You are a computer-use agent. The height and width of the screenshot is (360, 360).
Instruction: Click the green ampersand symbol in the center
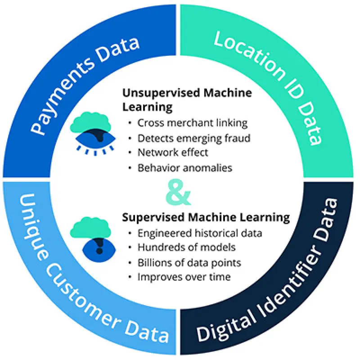(178, 193)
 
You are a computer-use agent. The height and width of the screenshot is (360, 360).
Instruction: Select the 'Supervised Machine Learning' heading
(206, 217)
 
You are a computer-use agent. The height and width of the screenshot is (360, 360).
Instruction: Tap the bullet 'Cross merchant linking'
(193, 123)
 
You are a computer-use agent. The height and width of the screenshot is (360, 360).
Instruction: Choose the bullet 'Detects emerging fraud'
(194, 138)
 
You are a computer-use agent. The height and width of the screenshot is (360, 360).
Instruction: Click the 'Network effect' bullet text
(173, 153)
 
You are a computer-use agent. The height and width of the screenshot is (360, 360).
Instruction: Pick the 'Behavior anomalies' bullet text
(185, 168)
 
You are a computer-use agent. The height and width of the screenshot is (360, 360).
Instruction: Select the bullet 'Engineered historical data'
(200, 233)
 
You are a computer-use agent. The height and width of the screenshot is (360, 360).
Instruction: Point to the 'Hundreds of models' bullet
(186, 247)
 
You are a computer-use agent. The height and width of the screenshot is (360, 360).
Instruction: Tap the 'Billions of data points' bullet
(189, 263)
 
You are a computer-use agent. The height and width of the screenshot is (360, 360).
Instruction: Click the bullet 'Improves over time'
(184, 277)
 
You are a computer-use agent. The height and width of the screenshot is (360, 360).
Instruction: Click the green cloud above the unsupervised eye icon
(90, 122)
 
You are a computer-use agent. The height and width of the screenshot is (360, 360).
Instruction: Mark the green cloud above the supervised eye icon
(90, 227)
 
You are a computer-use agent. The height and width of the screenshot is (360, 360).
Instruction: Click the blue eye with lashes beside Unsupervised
(95, 139)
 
